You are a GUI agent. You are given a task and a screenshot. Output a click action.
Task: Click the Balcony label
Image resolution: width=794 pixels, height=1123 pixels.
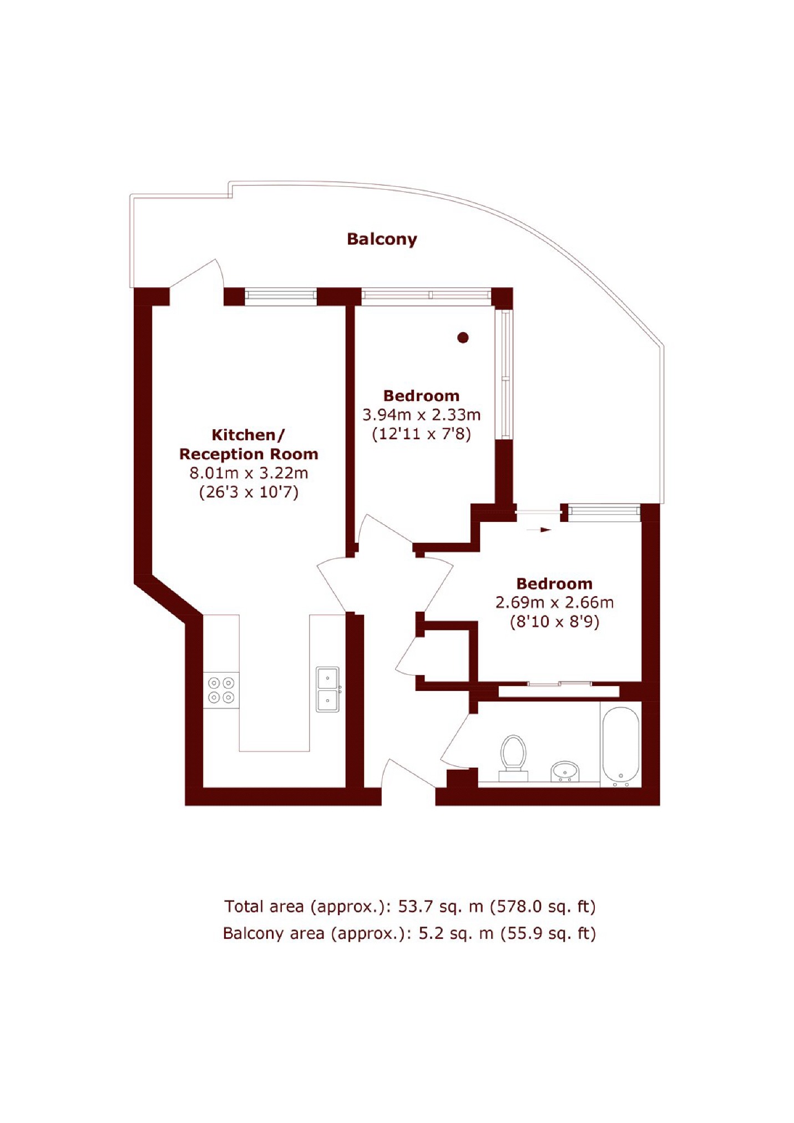click(382, 239)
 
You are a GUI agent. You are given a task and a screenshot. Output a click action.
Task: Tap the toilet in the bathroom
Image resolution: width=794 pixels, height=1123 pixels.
click(513, 756)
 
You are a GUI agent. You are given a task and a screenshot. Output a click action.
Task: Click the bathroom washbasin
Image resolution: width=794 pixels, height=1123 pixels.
click(565, 771)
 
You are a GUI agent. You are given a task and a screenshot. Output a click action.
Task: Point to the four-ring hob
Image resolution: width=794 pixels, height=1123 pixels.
click(221, 690)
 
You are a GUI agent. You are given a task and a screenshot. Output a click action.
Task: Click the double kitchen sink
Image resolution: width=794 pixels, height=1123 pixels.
click(327, 689)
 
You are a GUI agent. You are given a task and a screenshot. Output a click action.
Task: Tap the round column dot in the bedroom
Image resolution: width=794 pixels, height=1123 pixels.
click(463, 337)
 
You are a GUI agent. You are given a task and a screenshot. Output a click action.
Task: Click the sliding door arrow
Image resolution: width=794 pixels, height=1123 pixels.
click(539, 530)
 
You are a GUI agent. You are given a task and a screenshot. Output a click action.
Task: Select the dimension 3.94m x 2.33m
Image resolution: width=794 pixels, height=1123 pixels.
click(421, 415)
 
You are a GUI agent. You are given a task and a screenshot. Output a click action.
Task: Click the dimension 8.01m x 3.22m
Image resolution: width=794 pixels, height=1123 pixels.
click(249, 473)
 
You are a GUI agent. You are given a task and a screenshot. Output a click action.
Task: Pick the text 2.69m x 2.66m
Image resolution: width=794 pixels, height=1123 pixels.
click(554, 602)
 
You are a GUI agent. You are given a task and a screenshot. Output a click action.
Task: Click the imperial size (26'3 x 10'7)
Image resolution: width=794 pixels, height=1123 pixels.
click(249, 492)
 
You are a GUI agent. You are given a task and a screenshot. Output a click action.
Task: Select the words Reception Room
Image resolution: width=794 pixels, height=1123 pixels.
click(249, 454)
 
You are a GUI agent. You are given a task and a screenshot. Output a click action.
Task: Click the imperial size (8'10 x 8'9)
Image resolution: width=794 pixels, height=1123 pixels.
click(554, 622)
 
